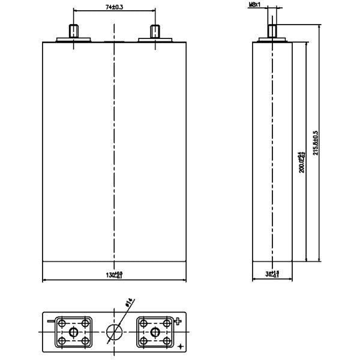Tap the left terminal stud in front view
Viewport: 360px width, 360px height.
73,31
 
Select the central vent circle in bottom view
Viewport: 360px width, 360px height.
114,332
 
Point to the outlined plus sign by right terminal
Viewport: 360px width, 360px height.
178,320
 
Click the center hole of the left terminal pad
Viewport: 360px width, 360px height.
73,332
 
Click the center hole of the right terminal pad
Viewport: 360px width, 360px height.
155,332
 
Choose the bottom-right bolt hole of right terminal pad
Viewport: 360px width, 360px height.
166,343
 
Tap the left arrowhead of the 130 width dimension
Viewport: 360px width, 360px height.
45,280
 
